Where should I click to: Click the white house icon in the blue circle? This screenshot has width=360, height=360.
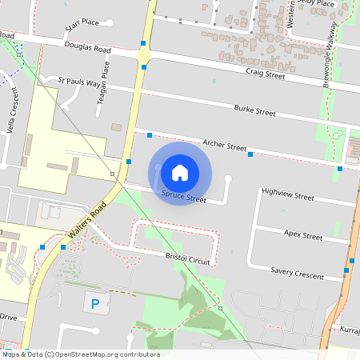[180, 172]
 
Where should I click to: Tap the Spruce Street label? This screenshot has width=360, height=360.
[184, 197]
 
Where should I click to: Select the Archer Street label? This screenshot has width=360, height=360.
[225, 145]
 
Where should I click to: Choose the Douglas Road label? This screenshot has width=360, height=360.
[88, 48]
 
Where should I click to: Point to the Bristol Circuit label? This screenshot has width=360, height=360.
[187, 259]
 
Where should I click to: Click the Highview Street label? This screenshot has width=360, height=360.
[288, 194]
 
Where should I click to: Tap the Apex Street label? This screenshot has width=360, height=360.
[303, 235]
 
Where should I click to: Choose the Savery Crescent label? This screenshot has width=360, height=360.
[298, 274]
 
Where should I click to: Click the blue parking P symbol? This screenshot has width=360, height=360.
[96, 303]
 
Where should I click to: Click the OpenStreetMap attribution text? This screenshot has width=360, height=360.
[81, 354]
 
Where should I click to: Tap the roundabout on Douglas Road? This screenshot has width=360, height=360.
[143, 55]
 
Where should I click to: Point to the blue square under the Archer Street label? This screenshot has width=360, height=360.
[250, 154]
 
